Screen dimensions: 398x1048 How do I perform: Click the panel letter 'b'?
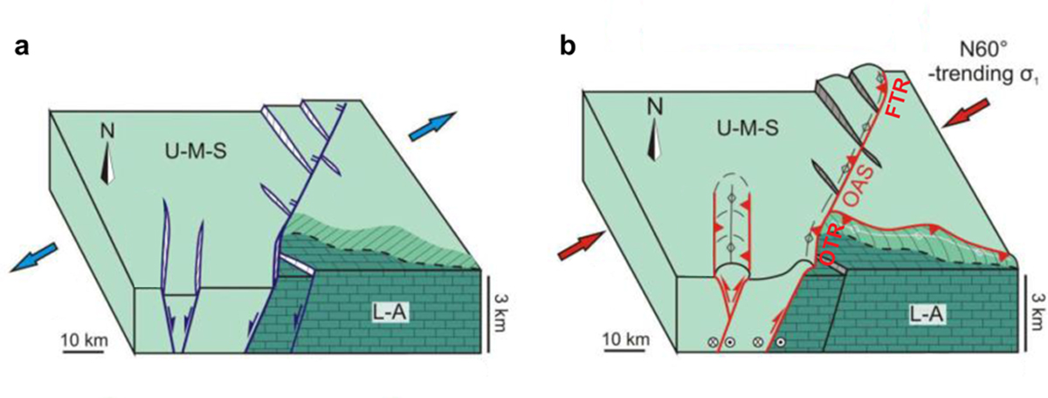tap(568, 46)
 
